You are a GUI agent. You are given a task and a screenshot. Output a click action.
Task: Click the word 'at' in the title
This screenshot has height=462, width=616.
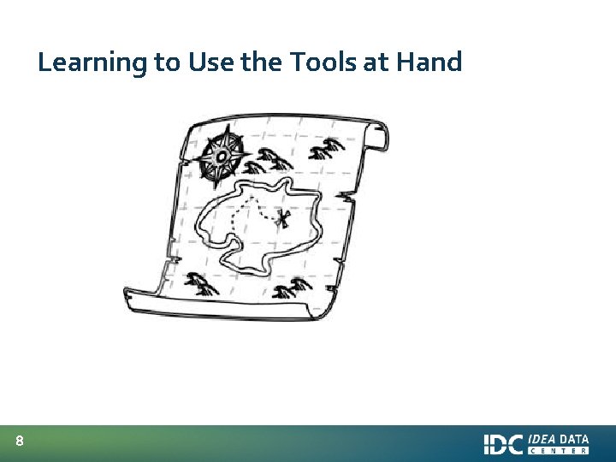380,62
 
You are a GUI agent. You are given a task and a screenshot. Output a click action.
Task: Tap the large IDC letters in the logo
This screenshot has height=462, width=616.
503,444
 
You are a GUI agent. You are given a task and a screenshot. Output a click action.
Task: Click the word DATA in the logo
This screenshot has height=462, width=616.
574,439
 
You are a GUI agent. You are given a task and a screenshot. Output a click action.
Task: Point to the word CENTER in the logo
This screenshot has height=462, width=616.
559,451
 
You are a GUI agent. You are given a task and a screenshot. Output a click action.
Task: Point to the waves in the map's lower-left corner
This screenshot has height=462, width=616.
202,282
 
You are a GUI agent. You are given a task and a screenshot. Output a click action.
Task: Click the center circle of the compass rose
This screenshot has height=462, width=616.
221,157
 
